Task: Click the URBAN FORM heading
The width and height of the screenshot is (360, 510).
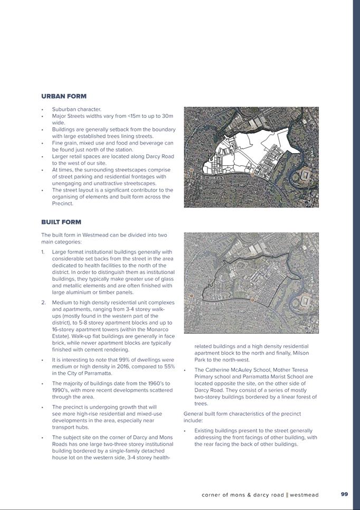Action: [64, 96]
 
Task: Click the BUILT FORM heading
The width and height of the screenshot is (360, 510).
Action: [61, 222]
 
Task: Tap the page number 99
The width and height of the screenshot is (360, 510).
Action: [344, 494]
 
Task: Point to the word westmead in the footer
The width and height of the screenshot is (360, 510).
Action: [305, 495]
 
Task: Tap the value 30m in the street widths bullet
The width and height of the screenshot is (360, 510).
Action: [167, 116]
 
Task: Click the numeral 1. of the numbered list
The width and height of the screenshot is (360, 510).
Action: [44, 252]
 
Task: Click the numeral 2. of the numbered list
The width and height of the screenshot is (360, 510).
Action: [44, 303]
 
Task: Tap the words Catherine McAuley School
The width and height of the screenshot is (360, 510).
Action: [237, 370]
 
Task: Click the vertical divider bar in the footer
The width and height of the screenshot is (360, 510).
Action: [287, 495]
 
